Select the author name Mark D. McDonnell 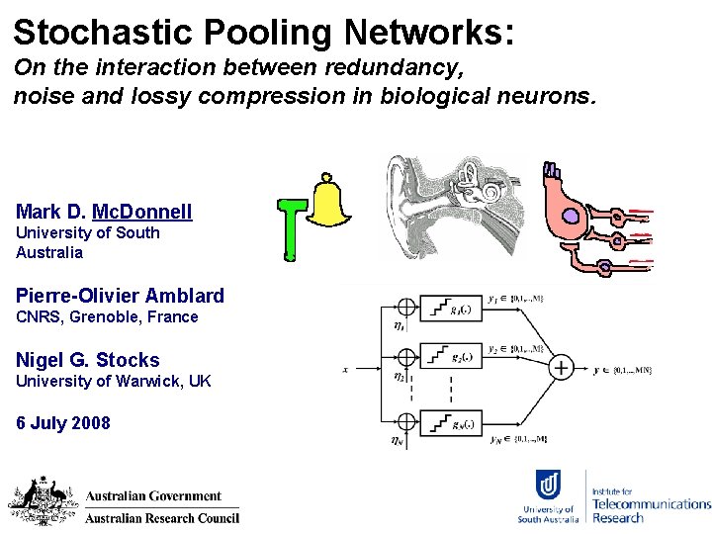(104, 212)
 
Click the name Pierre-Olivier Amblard (120, 296)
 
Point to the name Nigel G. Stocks (87, 360)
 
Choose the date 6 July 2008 (63, 423)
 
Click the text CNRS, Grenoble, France (107, 317)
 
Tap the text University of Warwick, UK (113, 382)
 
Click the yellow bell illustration (331, 205)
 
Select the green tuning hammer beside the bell (290, 228)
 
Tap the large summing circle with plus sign (561, 367)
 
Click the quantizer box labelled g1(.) (450, 308)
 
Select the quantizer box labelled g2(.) (450, 356)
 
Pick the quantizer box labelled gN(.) (450, 425)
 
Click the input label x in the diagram (344, 370)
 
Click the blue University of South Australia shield (550, 486)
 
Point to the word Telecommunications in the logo (651, 504)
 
